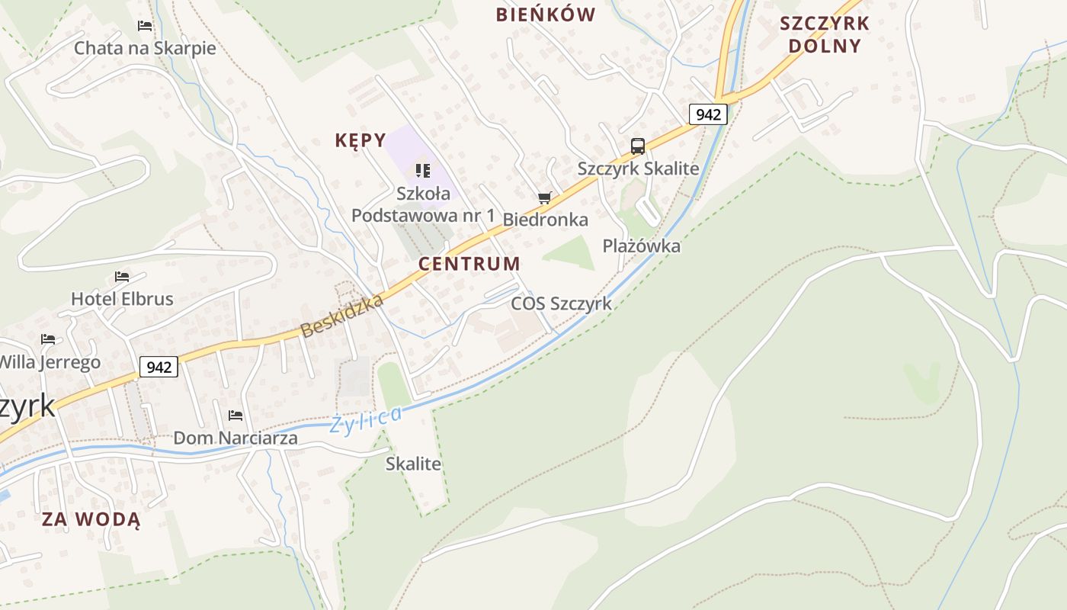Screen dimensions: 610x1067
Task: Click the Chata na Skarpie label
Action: [145, 48]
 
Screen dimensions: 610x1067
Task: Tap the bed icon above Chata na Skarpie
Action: [145, 26]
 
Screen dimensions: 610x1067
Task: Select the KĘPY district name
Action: [360, 140]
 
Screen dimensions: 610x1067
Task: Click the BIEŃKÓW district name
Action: [545, 14]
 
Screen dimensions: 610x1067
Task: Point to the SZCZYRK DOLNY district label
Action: [824, 34]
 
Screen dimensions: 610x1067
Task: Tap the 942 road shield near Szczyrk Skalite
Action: [708, 114]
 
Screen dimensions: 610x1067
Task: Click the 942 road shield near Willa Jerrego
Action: [159, 367]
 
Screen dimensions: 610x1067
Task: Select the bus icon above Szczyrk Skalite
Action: [638, 146]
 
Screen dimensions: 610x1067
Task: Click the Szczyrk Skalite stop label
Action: [638, 169]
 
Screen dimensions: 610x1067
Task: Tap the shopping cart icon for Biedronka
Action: [544, 198]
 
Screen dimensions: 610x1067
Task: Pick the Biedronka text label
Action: [545, 220]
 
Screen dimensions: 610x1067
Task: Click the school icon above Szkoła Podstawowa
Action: [422, 171]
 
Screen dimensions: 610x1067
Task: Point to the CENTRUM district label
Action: [469, 264]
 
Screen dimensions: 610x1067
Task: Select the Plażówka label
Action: [641, 246]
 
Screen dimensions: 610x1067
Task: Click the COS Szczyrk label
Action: [561, 303]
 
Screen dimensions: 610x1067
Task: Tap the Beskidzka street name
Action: [341, 316]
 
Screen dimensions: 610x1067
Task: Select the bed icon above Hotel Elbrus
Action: [122, 276]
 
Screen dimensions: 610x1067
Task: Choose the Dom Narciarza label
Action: [236, 438]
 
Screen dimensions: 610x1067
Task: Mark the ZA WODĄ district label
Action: [91, 519]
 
